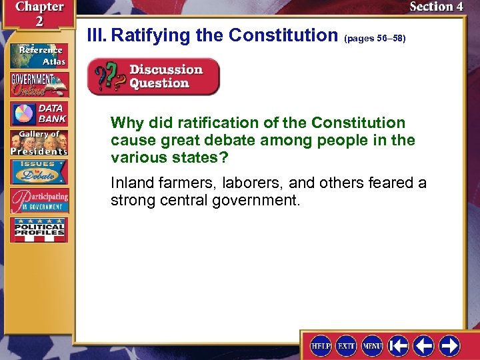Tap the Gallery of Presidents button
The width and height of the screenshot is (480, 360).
[38, 143]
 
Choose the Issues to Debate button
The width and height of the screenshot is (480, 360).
[38, 171]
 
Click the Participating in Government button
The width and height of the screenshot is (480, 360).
[38, 201]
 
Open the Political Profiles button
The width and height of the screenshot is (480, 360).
[38, 229]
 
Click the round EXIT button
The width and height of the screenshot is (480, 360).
[346, 346]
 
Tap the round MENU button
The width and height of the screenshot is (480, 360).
[372, 346]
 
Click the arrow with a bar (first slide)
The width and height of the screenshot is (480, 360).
[399, 346]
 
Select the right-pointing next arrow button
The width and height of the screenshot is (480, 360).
[449, 346]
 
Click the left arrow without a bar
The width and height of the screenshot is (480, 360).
[424, 346]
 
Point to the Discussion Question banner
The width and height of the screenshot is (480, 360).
[153, 77]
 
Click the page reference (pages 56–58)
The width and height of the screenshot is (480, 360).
[375, 39]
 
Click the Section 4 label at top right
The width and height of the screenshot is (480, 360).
[436, 7]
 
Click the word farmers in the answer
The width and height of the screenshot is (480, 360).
[178, 183]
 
